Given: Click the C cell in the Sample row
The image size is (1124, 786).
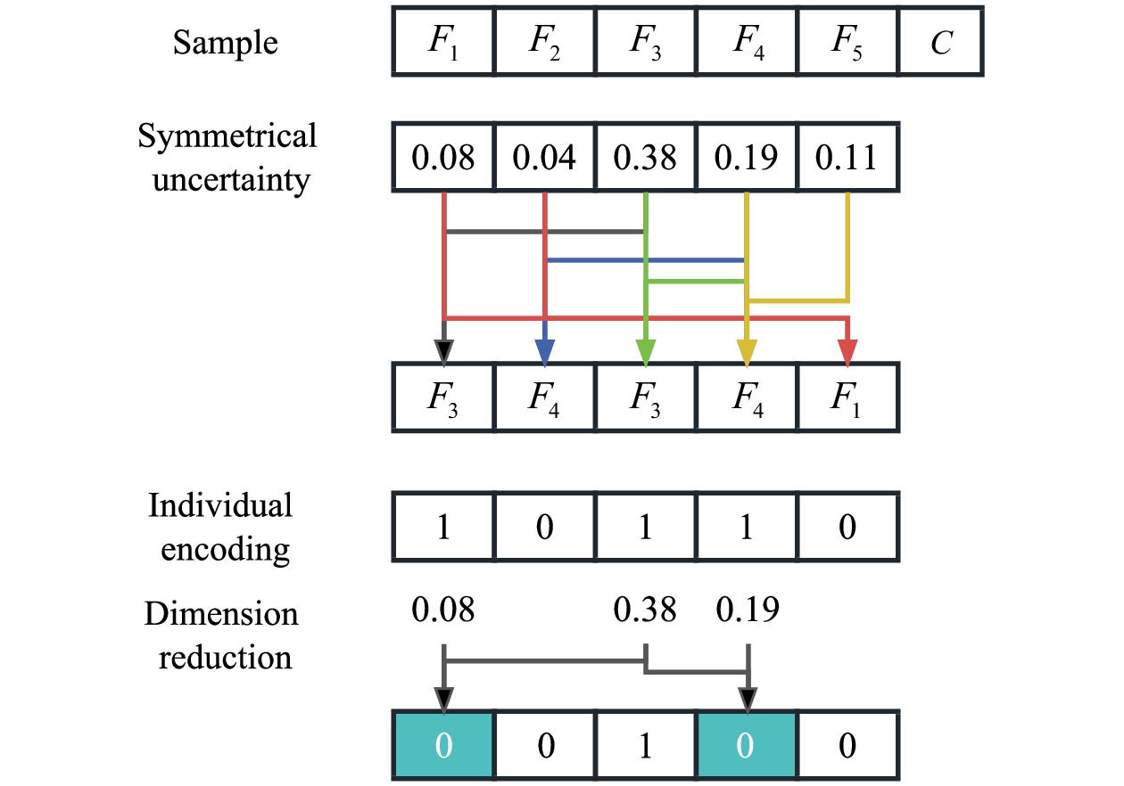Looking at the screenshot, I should pos(941,42).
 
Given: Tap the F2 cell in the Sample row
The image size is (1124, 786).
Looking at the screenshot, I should pos(544,42).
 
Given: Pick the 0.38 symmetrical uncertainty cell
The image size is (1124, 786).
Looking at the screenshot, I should pos(645,159).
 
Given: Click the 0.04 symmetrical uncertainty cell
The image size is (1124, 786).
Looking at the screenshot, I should pos(544,159).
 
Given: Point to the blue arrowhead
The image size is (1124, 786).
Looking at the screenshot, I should pos(545,353).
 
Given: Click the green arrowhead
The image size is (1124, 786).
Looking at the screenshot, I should pos(646,353).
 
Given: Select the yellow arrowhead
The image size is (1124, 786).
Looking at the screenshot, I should pos(747,353).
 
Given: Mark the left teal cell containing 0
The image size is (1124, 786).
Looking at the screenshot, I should pos(443,745).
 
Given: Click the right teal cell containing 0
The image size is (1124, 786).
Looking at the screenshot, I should pos(747,745).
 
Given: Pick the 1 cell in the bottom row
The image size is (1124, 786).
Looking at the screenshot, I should pos(645,745).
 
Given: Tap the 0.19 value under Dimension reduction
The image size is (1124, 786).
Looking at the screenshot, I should pos(748,611).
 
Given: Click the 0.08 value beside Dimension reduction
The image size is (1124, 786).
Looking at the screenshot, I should pos(443,611).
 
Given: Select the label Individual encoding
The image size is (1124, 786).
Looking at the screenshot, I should pos(219,527).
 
